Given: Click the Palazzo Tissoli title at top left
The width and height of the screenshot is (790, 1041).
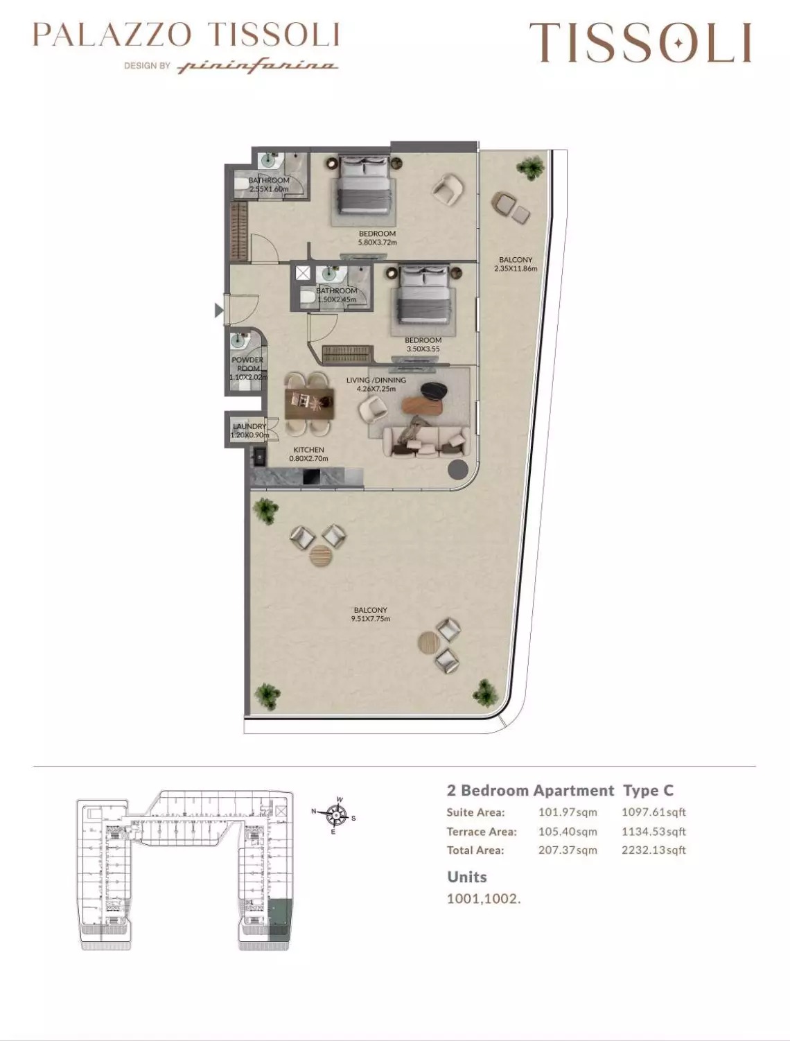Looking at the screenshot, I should tap(186, 35).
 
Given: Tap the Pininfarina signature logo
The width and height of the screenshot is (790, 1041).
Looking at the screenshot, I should tap(258, 67).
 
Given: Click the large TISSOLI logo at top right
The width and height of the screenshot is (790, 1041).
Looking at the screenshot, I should tap(640, 42).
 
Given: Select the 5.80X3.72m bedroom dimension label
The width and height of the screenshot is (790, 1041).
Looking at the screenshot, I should tap(377, 243).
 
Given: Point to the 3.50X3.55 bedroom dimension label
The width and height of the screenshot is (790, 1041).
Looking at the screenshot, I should tap(423, 349).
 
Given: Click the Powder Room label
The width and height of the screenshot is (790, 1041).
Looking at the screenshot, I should tap(247, 364).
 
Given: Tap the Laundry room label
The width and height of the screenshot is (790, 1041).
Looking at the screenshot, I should tap(249, 426).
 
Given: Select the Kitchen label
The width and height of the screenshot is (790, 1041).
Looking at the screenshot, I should tap(308, 450).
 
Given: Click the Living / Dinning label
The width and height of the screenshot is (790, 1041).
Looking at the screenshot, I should tap(376, 380).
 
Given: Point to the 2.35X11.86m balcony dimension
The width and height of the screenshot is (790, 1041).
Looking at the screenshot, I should tap(516, 269).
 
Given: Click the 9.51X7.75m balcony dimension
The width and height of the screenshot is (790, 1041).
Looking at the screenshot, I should tap(371, 619).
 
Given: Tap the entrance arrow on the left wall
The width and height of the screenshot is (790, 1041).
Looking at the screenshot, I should tap(219, 310).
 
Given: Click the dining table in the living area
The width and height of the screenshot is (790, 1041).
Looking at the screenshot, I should tap(309, 403).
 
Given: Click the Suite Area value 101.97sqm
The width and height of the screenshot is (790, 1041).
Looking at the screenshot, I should tap(567, 812).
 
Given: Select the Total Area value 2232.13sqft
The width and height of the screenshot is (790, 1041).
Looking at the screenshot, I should tap(653, 850).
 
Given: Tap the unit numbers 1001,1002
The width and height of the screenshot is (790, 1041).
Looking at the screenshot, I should tap(483, 899).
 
